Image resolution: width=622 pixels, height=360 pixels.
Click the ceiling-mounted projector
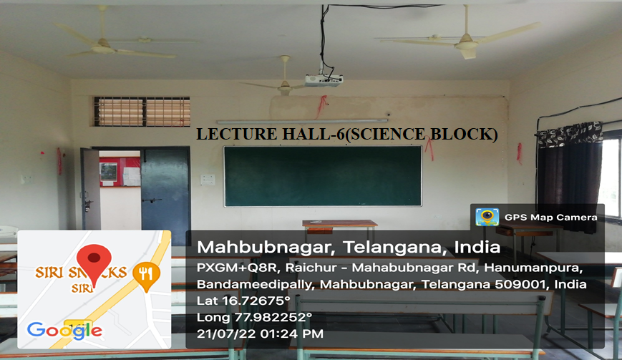[x=324, y=80]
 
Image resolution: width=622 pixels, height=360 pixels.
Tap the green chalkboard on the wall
[x=323, y=176]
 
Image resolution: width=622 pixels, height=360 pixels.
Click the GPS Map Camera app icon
[x=487, y=217]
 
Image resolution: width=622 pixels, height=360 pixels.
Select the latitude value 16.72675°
[x=256, y=301]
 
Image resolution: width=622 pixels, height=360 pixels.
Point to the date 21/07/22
[x=225, y=334]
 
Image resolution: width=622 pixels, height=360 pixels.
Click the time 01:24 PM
[x=291, y=334]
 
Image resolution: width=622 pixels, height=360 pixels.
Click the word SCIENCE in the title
[x=387, y=134]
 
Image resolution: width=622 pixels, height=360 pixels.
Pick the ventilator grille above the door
[x=142, y=112]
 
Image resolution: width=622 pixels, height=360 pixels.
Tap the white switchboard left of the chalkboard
[x=208, y=180]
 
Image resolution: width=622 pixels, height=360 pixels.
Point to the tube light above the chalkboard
[x=302, y=121]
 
